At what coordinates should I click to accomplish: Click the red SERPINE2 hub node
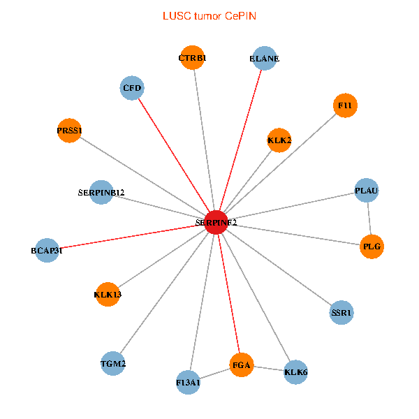click(x=216, y=222)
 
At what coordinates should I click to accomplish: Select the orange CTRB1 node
click(x=192, y=58)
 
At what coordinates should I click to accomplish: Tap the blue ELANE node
click(x=264, y=59)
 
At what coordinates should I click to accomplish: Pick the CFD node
click(x=132, y=88)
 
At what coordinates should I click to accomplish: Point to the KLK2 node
click(x=279, y=140)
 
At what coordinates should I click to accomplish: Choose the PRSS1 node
click(x=70, y=131)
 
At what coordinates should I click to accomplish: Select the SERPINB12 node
click(x=102, y=192)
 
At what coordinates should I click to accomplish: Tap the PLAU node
click(x=367, y=190)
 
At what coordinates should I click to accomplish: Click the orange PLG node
click(x=372, y=247)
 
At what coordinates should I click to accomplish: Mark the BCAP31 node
click(x=47, y=250)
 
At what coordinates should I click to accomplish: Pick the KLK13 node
click(x=108, y=294)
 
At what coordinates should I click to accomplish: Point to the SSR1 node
click(x=341, y=313)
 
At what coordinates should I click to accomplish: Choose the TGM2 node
click(x=113, y=363)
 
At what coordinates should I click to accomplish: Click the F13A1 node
click(x=189, y=382)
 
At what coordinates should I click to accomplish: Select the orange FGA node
click(x=242, y=365)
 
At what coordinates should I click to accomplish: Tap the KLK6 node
click(x=296, y=372)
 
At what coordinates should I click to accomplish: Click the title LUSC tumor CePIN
click(x=209, y=15)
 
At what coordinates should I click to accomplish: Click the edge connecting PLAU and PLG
click(x=369, y=219)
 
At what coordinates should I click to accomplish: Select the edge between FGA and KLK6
click(x=269, y=368)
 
